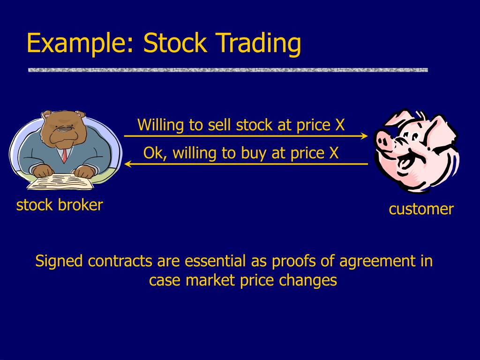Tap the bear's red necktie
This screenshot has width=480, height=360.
click(x=65, y=154)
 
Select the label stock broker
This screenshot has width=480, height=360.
click(x=60, y=205)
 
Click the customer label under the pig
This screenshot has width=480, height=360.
click(x=421, y=209)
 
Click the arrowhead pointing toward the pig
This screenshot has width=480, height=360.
click(x=364, y=136)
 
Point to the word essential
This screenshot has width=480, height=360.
click(x=215, y=261)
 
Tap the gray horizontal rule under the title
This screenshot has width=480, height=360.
click(x=228, y=70)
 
